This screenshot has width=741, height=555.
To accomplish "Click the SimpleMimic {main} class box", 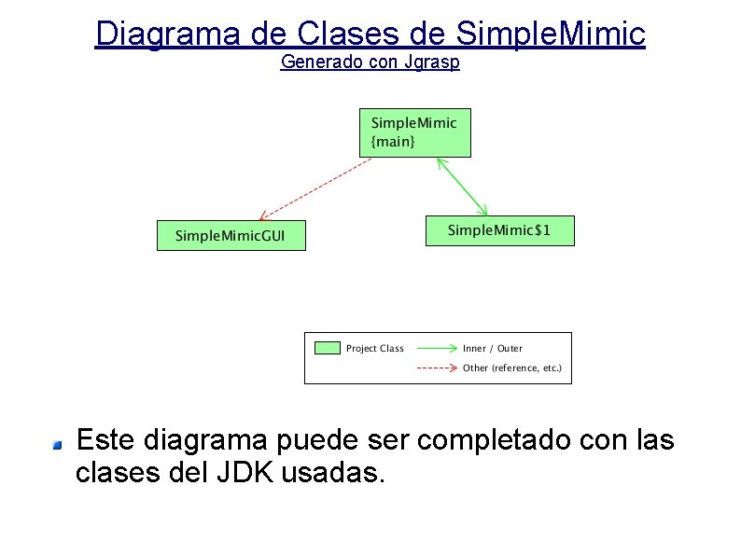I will click(x=415, y=132).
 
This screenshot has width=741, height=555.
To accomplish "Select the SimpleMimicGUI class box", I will click(x=231, y=235).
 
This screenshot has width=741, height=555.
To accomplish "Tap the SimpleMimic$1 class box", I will click(x=499, y=230).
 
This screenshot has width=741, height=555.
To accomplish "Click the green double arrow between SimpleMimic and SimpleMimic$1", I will click(x=463, y=187).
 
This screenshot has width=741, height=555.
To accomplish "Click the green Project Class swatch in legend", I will click(x=328, y=348).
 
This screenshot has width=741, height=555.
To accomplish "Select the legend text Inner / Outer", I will click(x=492, y=349).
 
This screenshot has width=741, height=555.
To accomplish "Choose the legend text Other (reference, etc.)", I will click(x=512, y=368).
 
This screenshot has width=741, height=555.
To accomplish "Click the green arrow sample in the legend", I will click(x=436, y=348).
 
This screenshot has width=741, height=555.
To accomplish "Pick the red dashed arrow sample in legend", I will click(x=436, y=368).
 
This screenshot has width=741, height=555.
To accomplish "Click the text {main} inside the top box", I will click(x=393, y=142).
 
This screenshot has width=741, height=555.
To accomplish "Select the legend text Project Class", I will click(x=375, y=349).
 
